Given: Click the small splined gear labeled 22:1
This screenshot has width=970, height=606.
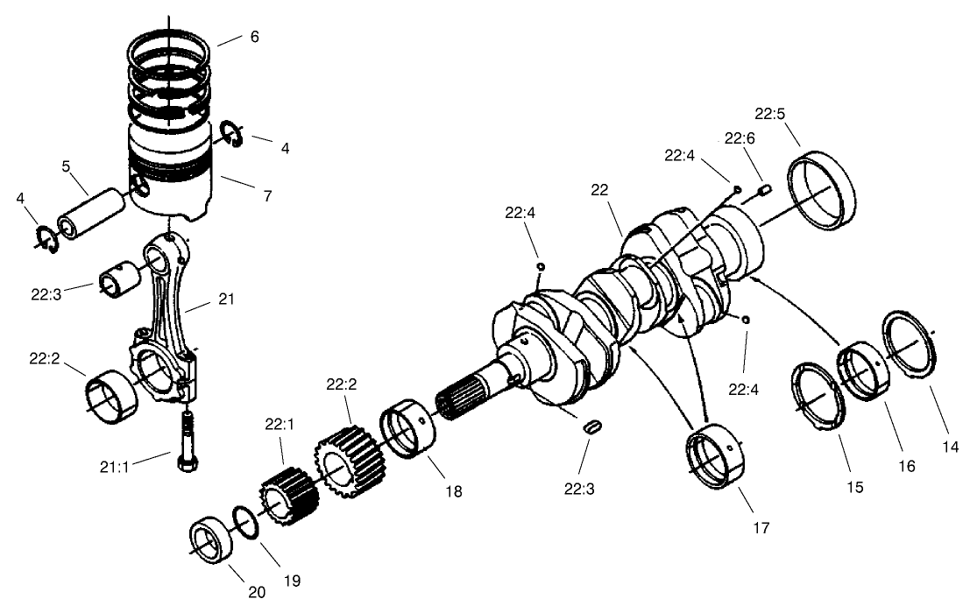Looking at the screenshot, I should [282, 498].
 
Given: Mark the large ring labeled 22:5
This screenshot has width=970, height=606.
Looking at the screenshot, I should [825, 191].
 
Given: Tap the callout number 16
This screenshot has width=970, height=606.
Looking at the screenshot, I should [905, 467].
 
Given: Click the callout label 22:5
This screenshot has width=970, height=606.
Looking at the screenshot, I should [771, 114].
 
